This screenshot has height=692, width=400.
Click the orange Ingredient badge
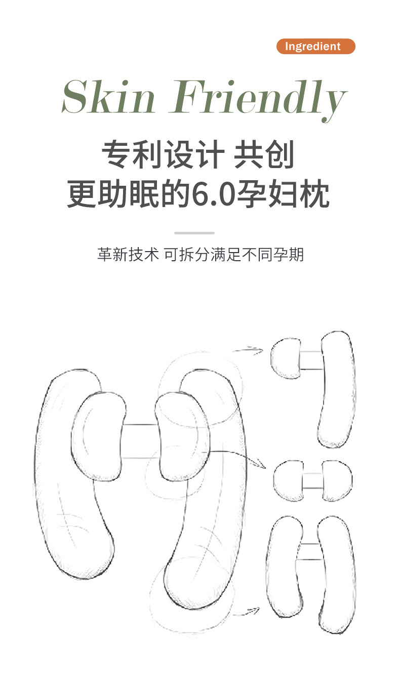315,47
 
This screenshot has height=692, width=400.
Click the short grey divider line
194,233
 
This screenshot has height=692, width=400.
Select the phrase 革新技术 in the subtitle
128,255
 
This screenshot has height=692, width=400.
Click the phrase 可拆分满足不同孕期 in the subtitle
234,255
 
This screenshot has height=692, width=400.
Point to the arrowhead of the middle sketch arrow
261,464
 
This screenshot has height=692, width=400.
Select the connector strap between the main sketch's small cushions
140,441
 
